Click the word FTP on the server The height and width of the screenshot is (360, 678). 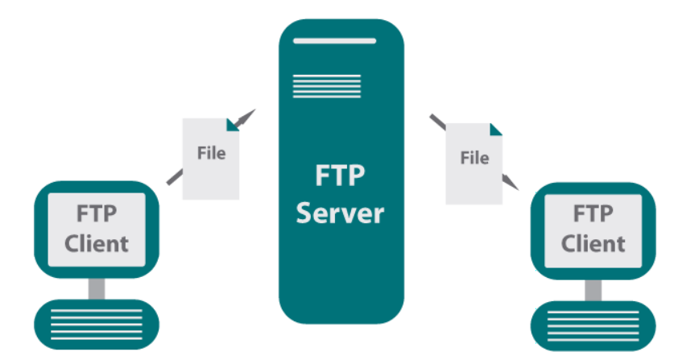[x=339, y=176]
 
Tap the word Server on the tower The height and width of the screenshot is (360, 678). [x=339, y=213]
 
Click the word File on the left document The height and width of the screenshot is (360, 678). [x=211, y=152]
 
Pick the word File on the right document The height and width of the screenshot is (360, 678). [x=474, y=157]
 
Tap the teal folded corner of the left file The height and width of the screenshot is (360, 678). [x=234, y=124]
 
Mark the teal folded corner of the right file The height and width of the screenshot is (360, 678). [x=496, y=128]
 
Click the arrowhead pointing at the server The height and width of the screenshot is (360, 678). [x=246, y=116]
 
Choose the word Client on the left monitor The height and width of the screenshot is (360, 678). [x=97, y=242]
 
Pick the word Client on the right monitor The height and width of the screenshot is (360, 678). [x=593, y=242]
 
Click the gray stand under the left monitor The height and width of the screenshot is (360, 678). [x=97, y=286]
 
